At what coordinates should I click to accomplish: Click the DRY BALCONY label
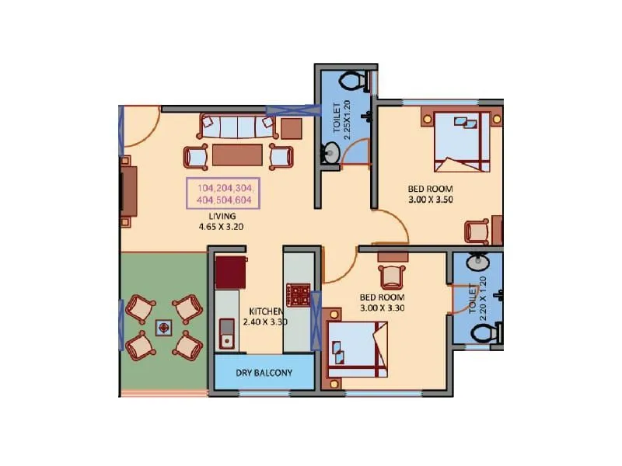point(264,373)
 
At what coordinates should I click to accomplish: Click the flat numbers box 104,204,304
point(223,193)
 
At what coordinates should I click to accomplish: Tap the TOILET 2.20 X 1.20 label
point(477,294)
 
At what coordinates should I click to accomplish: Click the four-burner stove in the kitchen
point(299,294)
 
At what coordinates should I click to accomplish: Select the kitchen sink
point(228,333)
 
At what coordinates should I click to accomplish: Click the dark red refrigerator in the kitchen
point(230,273)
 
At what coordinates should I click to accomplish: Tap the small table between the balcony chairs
point(164,327)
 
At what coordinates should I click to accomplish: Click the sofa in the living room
point(233,125)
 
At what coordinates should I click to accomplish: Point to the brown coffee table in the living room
point(237,155)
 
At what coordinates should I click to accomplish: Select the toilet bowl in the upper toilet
point(355,81)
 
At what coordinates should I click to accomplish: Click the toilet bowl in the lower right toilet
point(484,333)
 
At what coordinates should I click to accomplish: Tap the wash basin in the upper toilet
point(330,155)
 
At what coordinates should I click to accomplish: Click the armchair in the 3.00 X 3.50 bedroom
point(476,231)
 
